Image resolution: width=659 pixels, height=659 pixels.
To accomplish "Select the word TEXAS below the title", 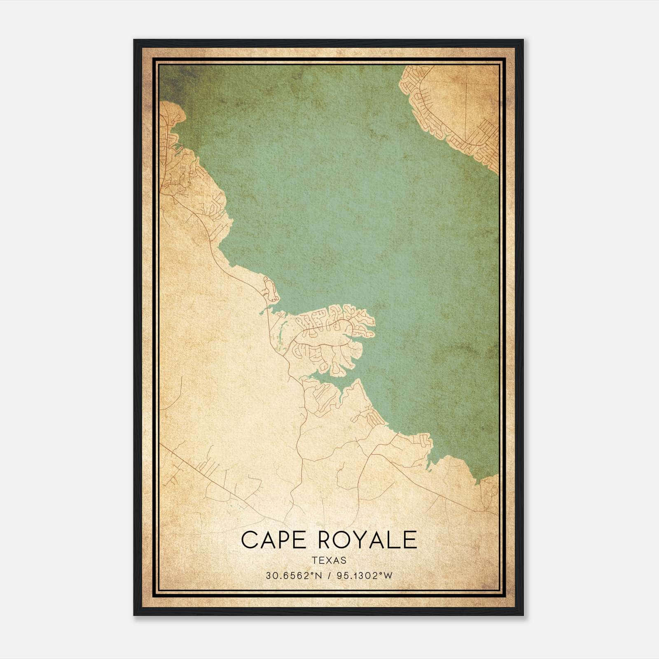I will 329,560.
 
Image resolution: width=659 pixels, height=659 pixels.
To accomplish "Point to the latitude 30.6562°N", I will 292,576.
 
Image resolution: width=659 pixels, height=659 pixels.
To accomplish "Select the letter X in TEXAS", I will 329,560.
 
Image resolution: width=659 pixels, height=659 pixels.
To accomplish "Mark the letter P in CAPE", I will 284,540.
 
